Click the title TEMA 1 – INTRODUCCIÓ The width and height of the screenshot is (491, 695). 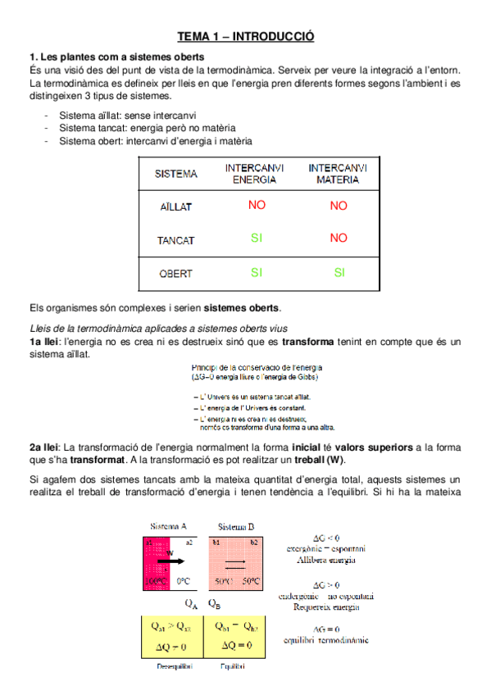pyautogui.click(x=246, y=36)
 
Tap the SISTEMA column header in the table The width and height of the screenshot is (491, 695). pyautogui.click(x=176, y=174)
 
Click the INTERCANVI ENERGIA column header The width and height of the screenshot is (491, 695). pyautogui.click(x=255, y=173)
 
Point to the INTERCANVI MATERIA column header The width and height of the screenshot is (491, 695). pyautogui.click(x=338, y=173)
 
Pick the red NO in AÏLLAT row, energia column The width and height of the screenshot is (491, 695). pyautogui.click(x=257, y=206)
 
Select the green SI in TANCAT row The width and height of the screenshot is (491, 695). pyautogui.click(x=257, y=238)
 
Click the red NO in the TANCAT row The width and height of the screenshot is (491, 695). pyautogui.click(x=339, y=238)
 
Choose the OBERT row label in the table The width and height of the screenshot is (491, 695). pyautogui.click(x=176, y=274)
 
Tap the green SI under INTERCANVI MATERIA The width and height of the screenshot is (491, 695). pyautogui.click(x=339, y=273)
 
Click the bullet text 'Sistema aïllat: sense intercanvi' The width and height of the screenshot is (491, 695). pyautogui.click(x=127, y=116)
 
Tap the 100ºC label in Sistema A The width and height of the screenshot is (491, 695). pyautogui.click(x=156, y=580)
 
